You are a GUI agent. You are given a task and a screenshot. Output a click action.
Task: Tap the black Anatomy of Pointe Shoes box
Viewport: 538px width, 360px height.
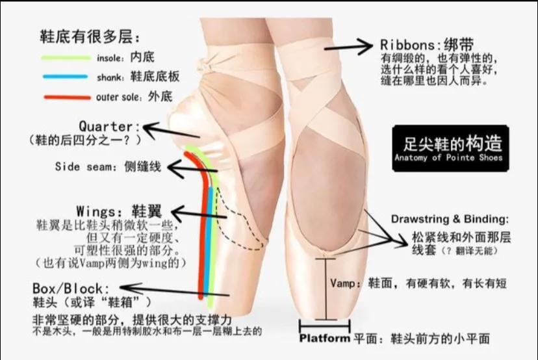tap(448, 148)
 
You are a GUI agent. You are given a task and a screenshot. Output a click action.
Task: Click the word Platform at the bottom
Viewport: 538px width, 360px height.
tap(325, 339)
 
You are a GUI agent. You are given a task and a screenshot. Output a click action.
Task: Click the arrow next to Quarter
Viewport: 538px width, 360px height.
tap(162, 130)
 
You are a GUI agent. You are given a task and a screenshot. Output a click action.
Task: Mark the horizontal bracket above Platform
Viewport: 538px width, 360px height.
tap(325, 324)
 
